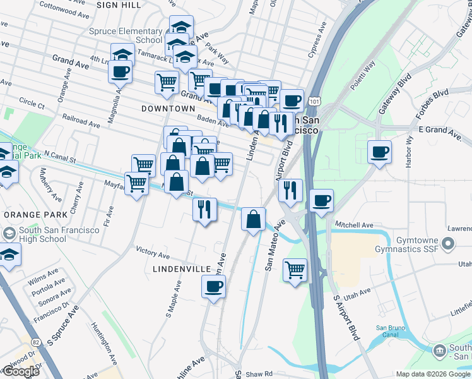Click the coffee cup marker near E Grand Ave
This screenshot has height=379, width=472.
point(379,152)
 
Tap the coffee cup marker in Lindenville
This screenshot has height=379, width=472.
point(213,287)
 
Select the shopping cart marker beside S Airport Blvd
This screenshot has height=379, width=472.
point(295,270)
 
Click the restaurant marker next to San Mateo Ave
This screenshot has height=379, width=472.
point(290,190)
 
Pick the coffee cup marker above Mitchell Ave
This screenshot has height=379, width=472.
point(322,201)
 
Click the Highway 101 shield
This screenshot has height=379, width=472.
point(314,100)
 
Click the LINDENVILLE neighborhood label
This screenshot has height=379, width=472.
point(182,269)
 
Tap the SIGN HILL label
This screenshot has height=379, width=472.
point(119,4)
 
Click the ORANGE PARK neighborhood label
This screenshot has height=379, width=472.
point(30,215)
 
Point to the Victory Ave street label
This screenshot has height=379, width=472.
point(153,254)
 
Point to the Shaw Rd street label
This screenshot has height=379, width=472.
point(259,374)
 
